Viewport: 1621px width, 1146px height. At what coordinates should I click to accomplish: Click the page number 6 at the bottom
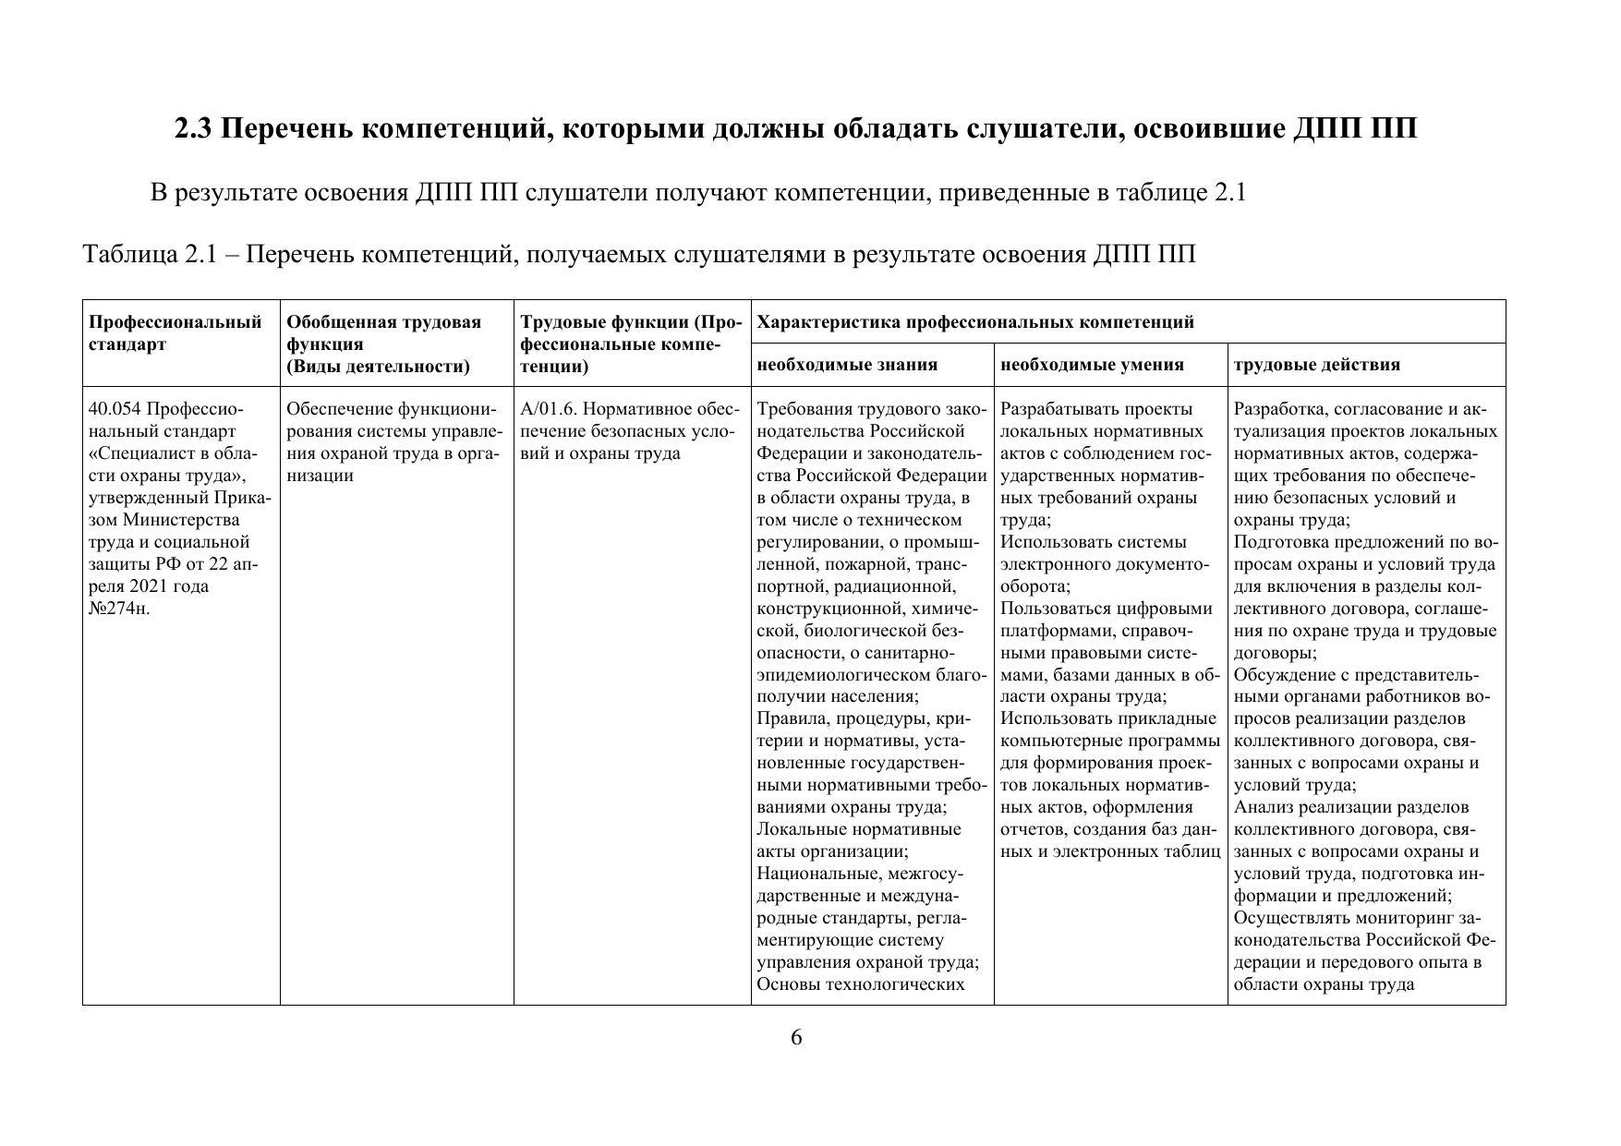796,1038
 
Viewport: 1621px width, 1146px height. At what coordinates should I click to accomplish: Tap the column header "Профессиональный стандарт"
175,333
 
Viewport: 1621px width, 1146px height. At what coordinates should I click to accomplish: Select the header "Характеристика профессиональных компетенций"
974,322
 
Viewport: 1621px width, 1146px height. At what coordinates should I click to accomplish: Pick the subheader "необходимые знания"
847,365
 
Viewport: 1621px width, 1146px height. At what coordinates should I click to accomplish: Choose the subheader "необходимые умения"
1091,365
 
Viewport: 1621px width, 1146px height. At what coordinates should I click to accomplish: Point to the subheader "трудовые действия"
1316,365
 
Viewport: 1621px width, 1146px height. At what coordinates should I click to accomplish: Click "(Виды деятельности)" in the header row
378,367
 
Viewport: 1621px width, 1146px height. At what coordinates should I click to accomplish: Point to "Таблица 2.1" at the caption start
149,254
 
